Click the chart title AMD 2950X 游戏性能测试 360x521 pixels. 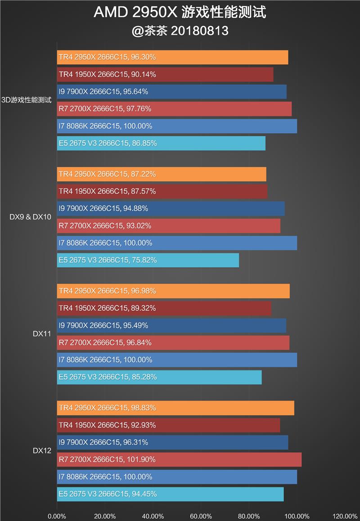coord(180,13)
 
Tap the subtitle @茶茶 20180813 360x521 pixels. coord(180,31)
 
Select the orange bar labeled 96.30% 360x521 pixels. coord(172,57)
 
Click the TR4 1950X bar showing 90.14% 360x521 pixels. coord(165,74)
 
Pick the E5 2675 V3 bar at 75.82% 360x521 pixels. coord(148,260)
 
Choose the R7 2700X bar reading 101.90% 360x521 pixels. coord(179,459)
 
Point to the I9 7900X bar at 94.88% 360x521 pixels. coord(171,208)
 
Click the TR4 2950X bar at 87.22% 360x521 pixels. coord(162,174)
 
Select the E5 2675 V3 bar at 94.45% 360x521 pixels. coord(170,494)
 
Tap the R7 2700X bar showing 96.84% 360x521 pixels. coord(173,342)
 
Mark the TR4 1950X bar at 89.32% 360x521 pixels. coord(164,308)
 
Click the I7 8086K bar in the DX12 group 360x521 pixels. coord(177,477)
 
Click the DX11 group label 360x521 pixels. coord(41,334)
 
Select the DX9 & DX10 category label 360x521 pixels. coord(30,217)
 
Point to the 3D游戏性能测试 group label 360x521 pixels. coord(27,100)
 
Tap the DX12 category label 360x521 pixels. coord(41,450)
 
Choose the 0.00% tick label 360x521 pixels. coord(57,516)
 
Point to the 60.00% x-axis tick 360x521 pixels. coord(201,516)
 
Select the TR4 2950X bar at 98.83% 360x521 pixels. coord(175,408)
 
